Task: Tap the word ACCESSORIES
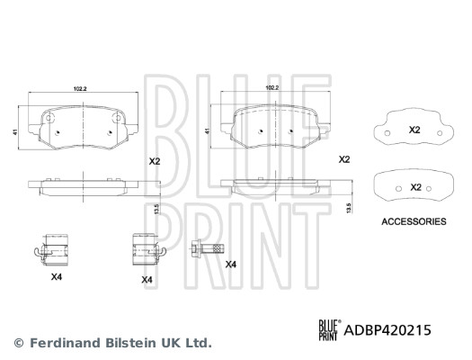414,220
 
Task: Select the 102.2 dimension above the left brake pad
79,88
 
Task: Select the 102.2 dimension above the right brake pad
272,88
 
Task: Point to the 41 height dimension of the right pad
209,132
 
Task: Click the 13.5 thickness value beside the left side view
157,209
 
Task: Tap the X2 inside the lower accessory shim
415,186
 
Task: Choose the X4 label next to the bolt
230,264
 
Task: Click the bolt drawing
204,249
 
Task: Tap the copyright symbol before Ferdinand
18,343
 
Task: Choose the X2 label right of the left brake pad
154,161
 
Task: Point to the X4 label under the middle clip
147,281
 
